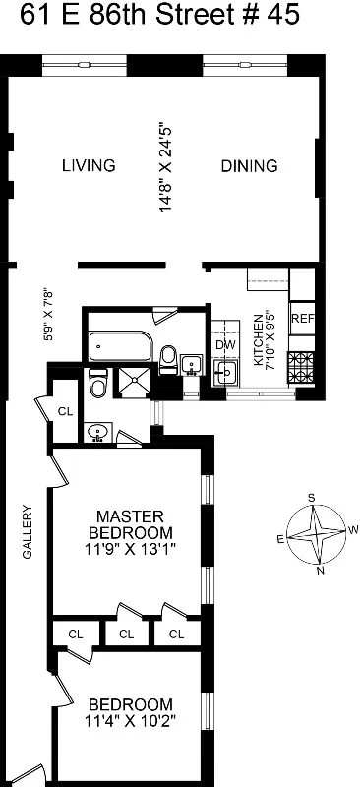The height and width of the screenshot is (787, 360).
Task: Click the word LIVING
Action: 89,165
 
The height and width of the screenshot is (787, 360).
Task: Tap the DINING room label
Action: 249,165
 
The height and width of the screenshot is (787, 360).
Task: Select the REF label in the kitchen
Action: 302,319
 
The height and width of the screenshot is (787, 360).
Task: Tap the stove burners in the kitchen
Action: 301,367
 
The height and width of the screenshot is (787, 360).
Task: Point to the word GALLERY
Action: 28,532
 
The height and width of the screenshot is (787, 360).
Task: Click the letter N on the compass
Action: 318,570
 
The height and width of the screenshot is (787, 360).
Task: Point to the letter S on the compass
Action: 312,499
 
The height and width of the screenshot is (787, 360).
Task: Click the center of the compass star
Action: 316,534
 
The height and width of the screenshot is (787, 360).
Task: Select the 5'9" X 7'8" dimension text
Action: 43,314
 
